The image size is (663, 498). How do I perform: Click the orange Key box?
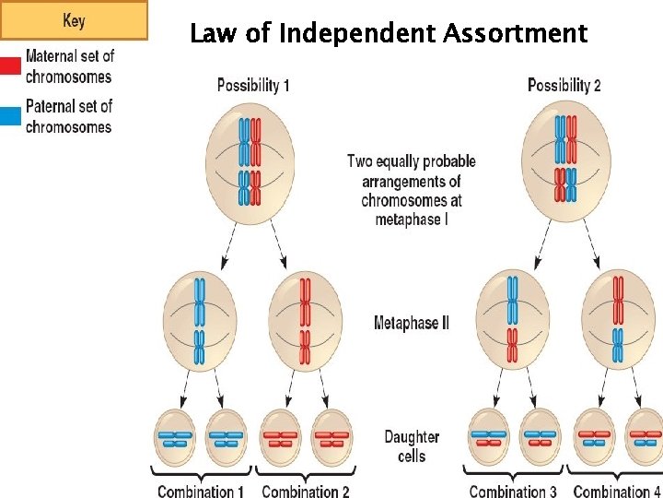coord(74,20)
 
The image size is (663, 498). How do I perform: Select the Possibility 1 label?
coord(253,86)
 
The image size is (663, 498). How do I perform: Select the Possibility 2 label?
coord(564,86)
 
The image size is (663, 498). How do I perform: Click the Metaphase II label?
coord(411,323)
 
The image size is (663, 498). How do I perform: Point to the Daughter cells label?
coord(412,445)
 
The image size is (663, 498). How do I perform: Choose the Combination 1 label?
coord(201,491)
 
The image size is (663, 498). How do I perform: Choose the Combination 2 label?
coord(306,491)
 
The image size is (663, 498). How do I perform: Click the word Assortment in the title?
coord(515,34)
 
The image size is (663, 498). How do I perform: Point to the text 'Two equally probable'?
coord(411,162)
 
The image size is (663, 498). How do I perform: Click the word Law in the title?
coord(211,34)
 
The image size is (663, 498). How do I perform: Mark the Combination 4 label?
coord(616,491)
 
